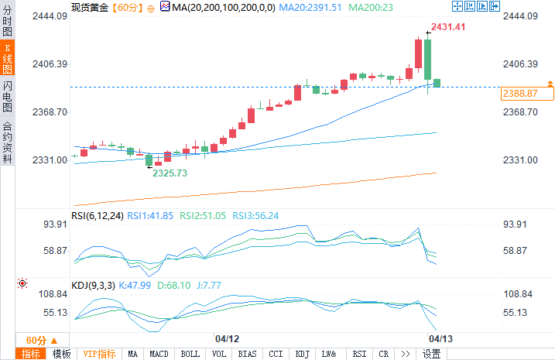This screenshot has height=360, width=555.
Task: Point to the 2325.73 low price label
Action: click(x=170, y=173)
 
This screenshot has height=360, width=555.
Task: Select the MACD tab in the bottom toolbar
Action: click(x=159, y=354)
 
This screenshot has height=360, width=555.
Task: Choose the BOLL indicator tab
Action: click(x=190, y=354)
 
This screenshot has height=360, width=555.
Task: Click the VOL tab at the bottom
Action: click(x=219, y=354)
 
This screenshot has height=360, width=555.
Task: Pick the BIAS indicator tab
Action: click(x=247, y=354)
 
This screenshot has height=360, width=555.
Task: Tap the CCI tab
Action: click(x=275, y=354)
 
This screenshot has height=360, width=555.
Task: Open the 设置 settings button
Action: click(x=431, y=354)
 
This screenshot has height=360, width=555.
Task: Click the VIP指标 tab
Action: click(x=99, y=354)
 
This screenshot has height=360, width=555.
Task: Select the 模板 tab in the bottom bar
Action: click(x=61, y=354)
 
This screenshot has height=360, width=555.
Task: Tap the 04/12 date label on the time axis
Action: click(x=227, y=339)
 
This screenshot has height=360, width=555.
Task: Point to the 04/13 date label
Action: click(x=441, y=339)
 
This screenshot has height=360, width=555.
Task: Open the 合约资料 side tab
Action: click(x=8, y=142)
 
